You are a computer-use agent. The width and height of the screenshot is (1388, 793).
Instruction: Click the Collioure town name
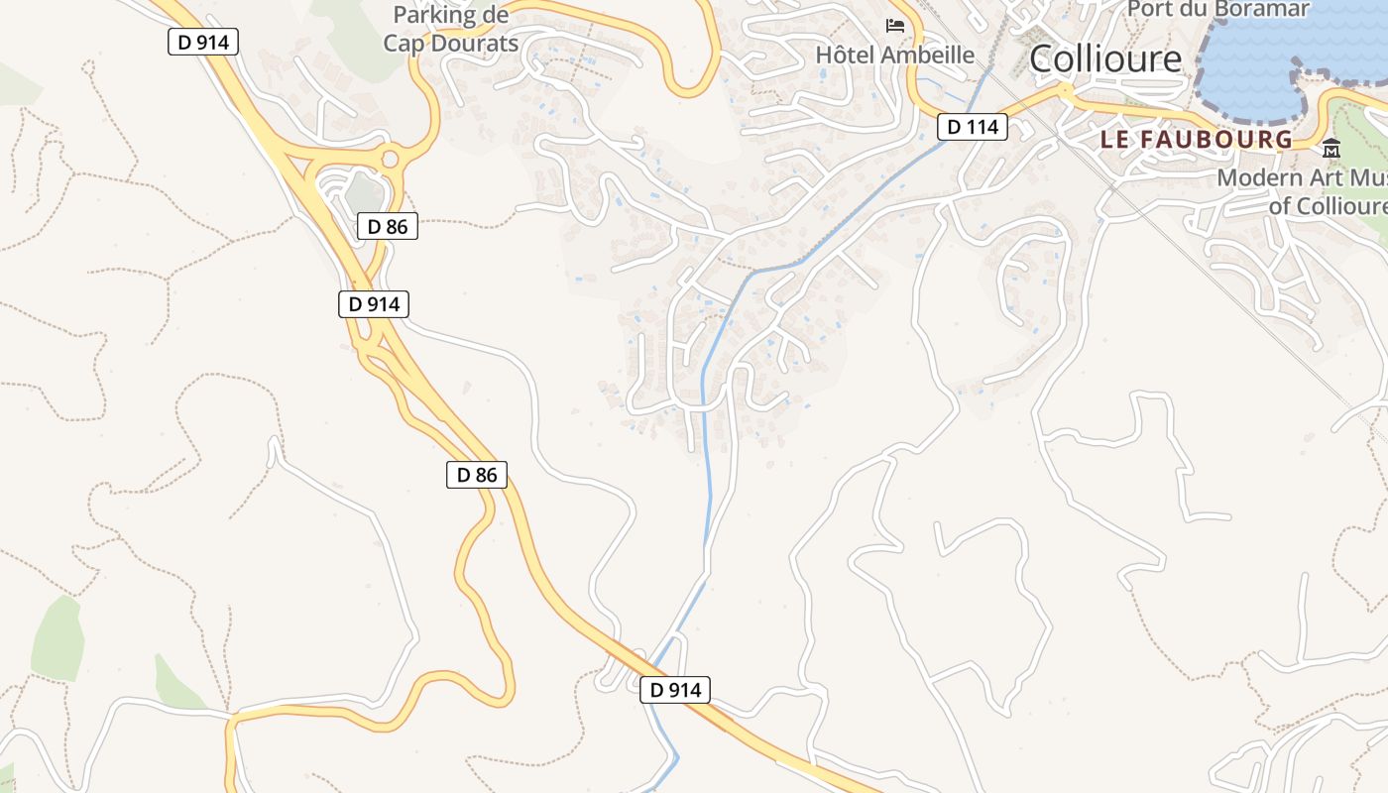tap(1105, 59)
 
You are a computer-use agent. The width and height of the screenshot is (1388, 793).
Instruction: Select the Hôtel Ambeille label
tap(894, 55)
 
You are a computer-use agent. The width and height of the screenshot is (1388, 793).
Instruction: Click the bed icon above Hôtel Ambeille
tap(895, 25)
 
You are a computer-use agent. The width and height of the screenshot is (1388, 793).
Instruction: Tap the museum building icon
tap(1330, 150)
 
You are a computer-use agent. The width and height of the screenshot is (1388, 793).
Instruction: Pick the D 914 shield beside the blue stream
tap(675, 690)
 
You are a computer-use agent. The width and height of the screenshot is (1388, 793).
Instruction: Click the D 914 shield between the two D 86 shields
tap(374, 304)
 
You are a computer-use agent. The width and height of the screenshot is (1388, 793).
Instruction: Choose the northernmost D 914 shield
tap(203, 42)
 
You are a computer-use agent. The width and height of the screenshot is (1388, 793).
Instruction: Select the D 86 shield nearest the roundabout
tap(387, 226)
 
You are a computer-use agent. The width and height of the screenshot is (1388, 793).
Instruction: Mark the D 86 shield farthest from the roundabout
tap(476, 475)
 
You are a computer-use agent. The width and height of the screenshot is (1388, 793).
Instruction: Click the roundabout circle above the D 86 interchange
tap(390, 159)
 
